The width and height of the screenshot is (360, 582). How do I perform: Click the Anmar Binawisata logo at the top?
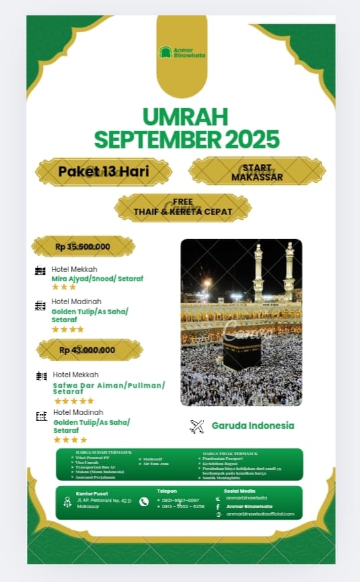coord(181,52)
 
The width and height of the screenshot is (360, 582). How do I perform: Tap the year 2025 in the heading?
coord(252,139)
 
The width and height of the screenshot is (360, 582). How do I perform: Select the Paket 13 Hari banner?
coord(103,171)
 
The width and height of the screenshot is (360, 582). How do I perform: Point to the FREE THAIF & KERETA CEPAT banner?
coord(183,207)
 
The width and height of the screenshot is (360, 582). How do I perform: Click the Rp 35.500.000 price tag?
coord(83,246)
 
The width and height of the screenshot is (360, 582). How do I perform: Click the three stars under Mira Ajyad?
coord(64,287)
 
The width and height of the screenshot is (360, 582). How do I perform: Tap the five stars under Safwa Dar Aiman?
coord(74,401)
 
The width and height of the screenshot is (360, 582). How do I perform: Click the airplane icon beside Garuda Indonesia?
coord(197,426)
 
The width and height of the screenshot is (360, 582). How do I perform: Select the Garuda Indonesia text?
coord(253,426)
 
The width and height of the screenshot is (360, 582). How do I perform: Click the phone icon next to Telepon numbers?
coord(144,501)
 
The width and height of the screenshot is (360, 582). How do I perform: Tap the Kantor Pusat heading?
coord(91,493)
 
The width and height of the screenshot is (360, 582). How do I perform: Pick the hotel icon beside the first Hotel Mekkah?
coord(40,271)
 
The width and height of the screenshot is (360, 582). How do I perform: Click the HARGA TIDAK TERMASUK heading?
coord(230,454)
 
